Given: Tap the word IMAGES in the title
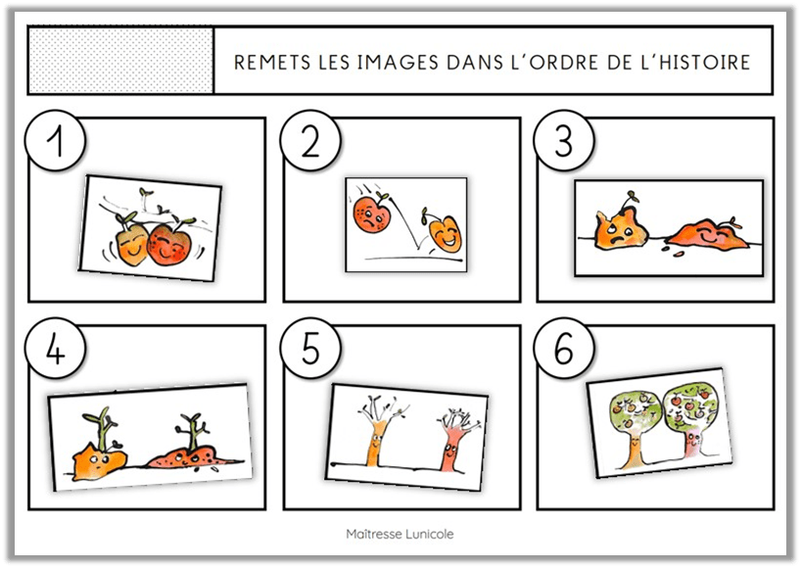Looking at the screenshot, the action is tap(398, 63).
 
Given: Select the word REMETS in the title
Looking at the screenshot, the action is tap(272, 63).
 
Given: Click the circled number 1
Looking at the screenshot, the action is tap(55, 140).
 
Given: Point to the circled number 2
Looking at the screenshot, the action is tap(310, 140).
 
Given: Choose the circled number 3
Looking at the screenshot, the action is tap(564, 140).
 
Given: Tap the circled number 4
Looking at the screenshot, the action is tap(55, 348).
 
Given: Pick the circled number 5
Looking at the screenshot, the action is tap(310, 348).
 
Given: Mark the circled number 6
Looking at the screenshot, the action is tap(564, 348).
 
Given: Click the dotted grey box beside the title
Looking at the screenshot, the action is tap(121, 61).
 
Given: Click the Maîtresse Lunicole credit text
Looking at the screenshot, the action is tap(400, 534).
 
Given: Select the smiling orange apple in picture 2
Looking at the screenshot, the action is tap(445, 232).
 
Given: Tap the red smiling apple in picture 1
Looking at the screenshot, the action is tap(167, 243).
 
